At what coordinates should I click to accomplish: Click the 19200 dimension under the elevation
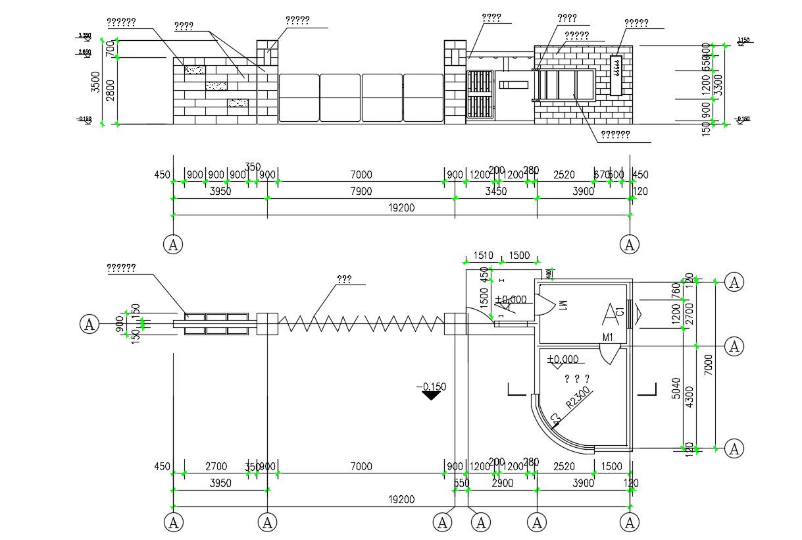click(401, 207)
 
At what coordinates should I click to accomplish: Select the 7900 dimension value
click(361, 192)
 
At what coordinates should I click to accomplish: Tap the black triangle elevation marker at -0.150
click(431, 395)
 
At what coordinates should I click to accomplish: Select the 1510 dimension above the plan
click(483, 256)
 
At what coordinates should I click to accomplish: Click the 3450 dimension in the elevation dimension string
click(495, 192)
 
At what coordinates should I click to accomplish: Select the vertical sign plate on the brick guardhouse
click(616, 74)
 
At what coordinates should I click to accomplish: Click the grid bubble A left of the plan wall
click(89, 324)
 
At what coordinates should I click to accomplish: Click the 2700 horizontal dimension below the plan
click(216, 467)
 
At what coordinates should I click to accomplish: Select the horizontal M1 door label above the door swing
click(607, 338)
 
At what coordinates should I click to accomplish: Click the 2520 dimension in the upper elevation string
click(563, 175)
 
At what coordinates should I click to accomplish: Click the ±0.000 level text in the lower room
click(563, 360)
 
